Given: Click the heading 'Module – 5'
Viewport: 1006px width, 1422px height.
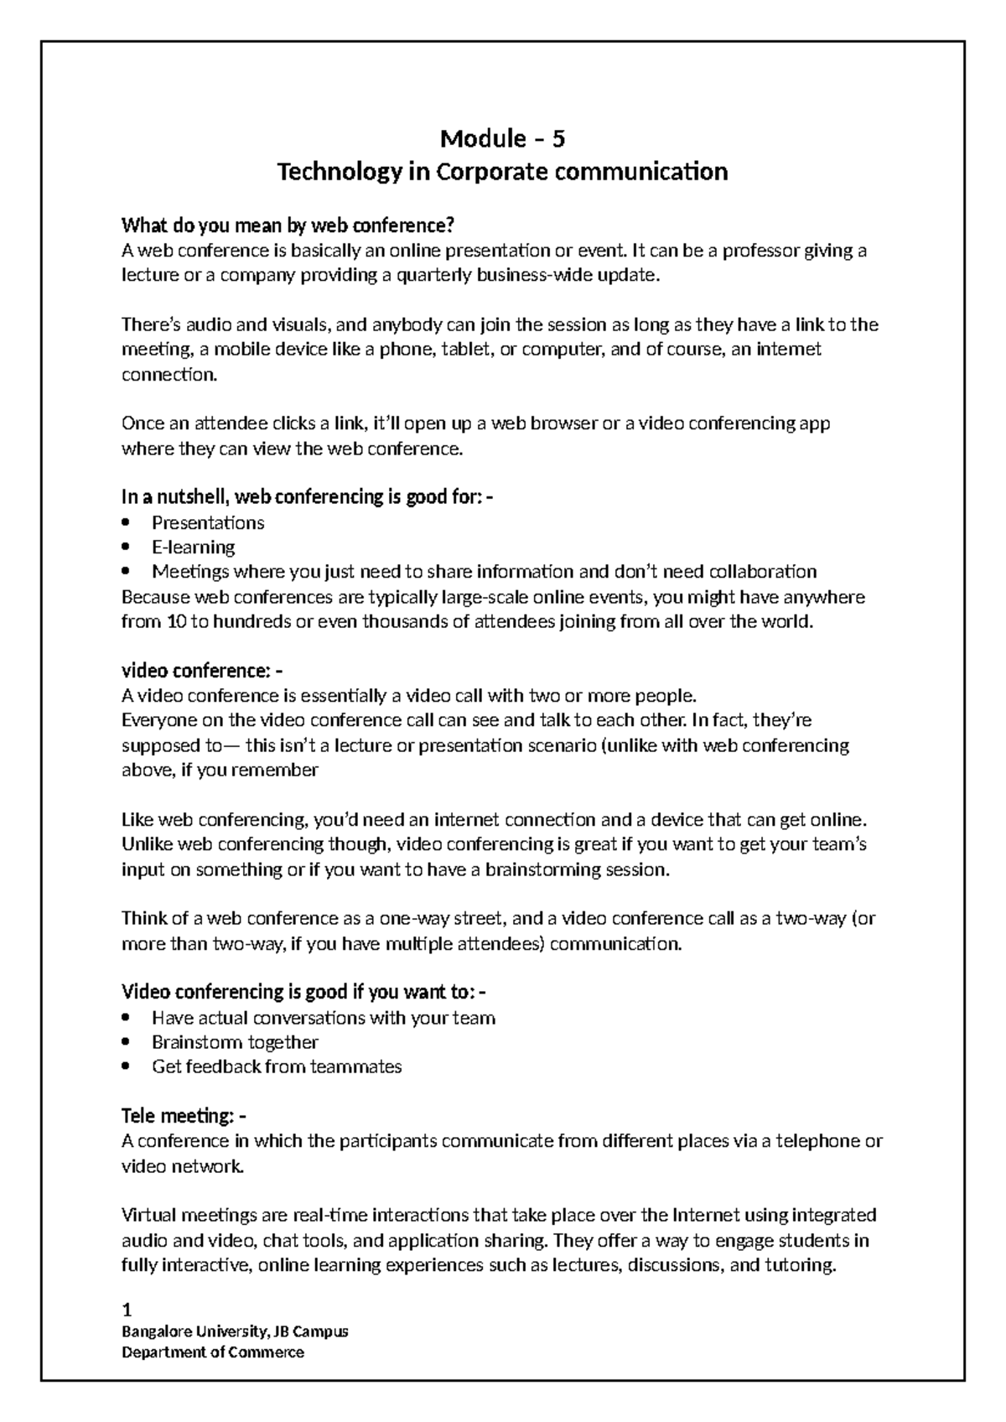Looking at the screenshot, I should [502, 138].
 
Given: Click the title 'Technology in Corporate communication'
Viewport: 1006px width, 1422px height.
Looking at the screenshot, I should [502, 172].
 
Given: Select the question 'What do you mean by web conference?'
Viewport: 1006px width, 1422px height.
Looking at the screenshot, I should [288, 225].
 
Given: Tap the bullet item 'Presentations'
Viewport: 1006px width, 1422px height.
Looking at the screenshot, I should [208, 522].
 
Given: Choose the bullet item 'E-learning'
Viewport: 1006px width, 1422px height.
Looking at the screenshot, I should [193, 547].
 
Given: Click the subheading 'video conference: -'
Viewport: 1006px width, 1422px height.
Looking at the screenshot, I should [202, 671].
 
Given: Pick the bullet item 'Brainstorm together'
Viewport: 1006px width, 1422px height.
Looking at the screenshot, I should [235, 1042].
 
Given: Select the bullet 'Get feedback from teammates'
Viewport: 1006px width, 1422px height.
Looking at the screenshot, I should [277, 1066].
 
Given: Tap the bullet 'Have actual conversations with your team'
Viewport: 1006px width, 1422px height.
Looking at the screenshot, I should [324, 1018].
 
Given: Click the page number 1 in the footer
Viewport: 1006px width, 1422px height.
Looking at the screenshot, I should [127, 1310].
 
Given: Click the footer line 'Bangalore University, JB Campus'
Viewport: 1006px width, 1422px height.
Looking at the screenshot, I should [235, 1331].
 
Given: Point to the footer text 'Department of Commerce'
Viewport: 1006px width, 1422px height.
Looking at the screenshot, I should [213, 1352].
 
